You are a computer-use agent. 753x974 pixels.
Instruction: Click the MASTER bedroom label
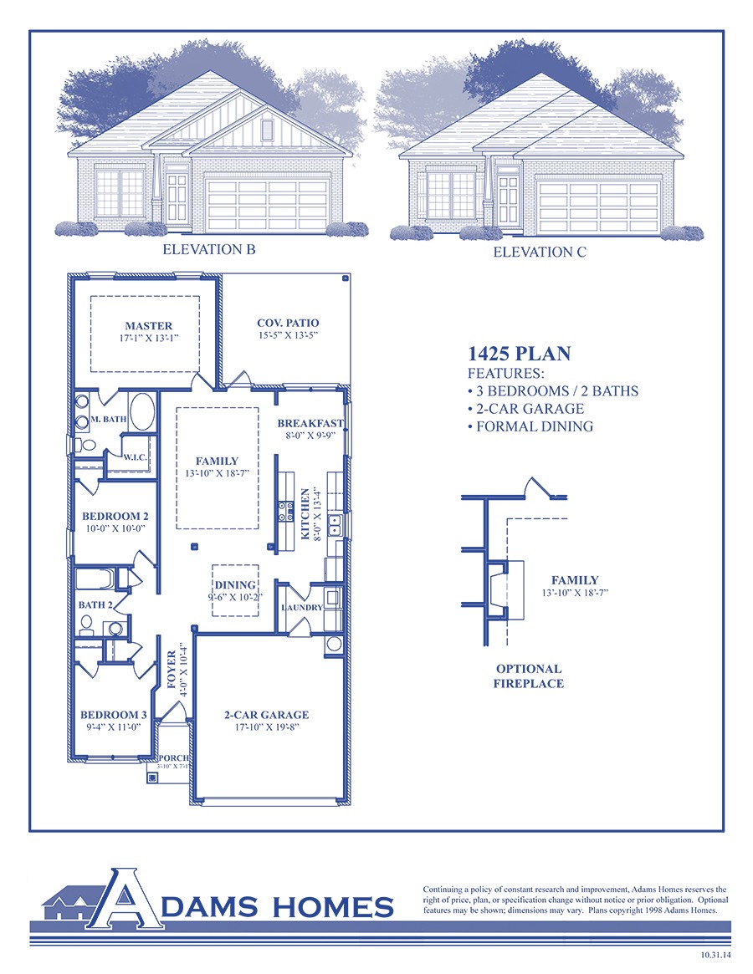[149, 326]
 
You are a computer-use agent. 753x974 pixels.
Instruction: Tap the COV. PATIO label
[287, 323]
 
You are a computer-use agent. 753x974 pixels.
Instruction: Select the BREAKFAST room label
[310, 424]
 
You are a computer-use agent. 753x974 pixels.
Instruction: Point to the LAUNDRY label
[302, 607]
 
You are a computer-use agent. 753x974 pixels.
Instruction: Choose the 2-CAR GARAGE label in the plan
[266, 715]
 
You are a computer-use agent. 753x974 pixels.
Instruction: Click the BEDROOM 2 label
[115, 517]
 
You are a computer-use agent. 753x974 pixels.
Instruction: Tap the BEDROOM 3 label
[114, 715]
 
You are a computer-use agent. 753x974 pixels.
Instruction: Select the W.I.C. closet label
[136, 457]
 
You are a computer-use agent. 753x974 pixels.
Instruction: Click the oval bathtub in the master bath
[141, 413]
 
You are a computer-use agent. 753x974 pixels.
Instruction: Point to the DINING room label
[234, 585]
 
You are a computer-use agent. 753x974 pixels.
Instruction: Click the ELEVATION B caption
[209, 249]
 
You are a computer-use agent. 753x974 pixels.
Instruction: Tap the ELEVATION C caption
[540, 252]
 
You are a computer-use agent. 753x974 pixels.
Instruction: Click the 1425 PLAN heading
[519, 354]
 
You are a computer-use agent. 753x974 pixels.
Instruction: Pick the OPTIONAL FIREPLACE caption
[529, 676]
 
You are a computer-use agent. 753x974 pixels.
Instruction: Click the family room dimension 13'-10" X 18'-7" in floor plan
[218, 474]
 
